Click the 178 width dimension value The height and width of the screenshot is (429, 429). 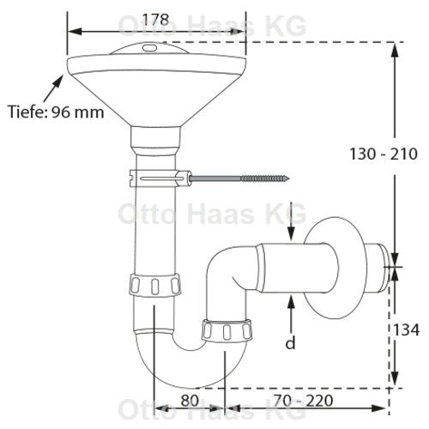155,20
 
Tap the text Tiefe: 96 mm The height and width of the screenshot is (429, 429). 56,112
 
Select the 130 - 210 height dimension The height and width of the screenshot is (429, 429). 384,154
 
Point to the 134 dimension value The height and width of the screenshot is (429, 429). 407,329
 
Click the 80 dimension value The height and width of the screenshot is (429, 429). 190,401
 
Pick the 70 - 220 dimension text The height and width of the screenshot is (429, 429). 303,401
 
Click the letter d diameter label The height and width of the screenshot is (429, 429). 290,342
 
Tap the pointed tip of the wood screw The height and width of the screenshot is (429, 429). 289,178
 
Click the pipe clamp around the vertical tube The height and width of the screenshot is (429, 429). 160,178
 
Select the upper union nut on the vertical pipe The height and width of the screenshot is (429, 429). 155,285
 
